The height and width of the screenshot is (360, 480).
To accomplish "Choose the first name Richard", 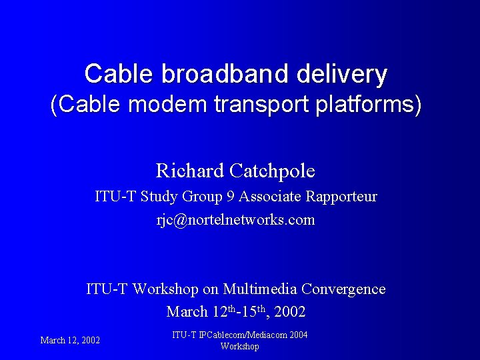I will click(190, 171).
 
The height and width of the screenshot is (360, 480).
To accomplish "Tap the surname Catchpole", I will click(271, 171).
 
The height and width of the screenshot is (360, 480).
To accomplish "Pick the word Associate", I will click(270, 197).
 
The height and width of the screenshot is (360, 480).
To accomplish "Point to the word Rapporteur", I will click(342, 197).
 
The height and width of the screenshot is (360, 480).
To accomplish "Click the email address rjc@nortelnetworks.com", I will click(235, 220).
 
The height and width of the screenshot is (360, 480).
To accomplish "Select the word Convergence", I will click(343, 289).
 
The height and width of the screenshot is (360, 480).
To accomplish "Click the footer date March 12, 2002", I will click(70, 341).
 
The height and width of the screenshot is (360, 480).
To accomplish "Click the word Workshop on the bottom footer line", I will click(239, 347).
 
